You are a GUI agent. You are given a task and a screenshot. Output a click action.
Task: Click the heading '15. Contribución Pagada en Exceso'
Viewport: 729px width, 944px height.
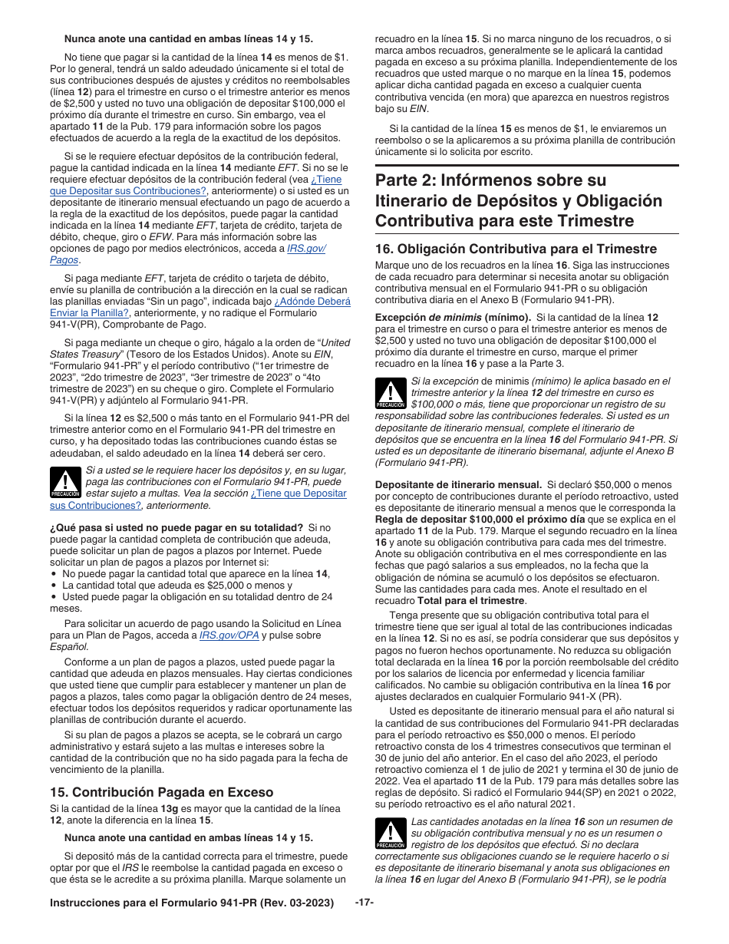click(161, 792)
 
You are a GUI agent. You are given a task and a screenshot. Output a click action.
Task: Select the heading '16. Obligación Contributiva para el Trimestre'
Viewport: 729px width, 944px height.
click(515, 249)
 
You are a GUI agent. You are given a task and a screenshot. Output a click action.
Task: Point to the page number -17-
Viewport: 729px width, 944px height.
click(364, 903)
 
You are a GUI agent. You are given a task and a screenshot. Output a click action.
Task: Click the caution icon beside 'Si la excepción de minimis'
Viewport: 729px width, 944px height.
click(391, 393)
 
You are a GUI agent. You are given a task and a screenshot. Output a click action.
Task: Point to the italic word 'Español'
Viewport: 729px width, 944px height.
click(69, 646)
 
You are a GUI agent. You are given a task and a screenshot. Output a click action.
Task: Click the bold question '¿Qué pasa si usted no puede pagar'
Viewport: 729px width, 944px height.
click(176, 527)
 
